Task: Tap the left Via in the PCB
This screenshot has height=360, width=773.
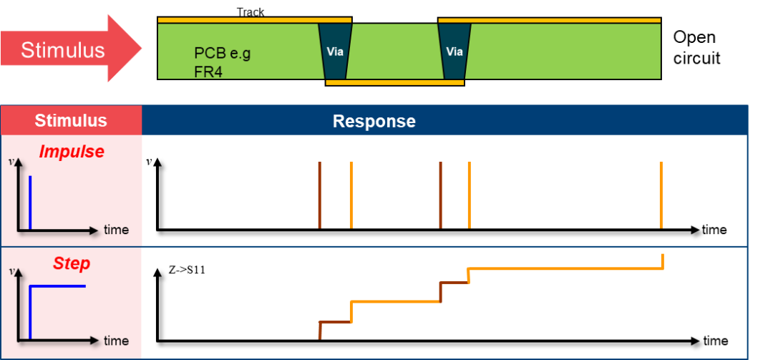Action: coord(334,52)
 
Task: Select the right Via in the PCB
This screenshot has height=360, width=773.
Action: coord(454,52)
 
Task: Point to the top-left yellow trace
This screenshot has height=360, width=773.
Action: coord(254,20)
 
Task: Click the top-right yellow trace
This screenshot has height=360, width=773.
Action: coord(549,20)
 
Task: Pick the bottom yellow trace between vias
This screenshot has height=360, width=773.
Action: coord(394,82)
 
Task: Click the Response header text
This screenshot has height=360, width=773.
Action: coord(374,121)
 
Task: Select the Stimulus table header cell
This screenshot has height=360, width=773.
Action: coord(71,120)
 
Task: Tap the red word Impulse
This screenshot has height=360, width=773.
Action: coord(72,152)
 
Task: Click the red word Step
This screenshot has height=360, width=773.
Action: coord(72,263)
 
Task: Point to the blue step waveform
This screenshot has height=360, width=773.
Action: coord(57,286)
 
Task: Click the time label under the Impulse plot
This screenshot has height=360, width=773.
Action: coord(116,230)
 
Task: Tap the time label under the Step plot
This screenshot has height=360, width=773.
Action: coord(116,340)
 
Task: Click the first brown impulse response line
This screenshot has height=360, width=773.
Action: coord(319,195)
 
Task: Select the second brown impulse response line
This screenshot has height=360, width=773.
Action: coord(440,195)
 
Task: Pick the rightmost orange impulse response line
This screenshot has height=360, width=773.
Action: coord(661,195)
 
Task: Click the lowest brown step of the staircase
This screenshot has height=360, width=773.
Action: coord(334,322)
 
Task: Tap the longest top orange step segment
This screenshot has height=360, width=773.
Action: coord(565,268)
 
